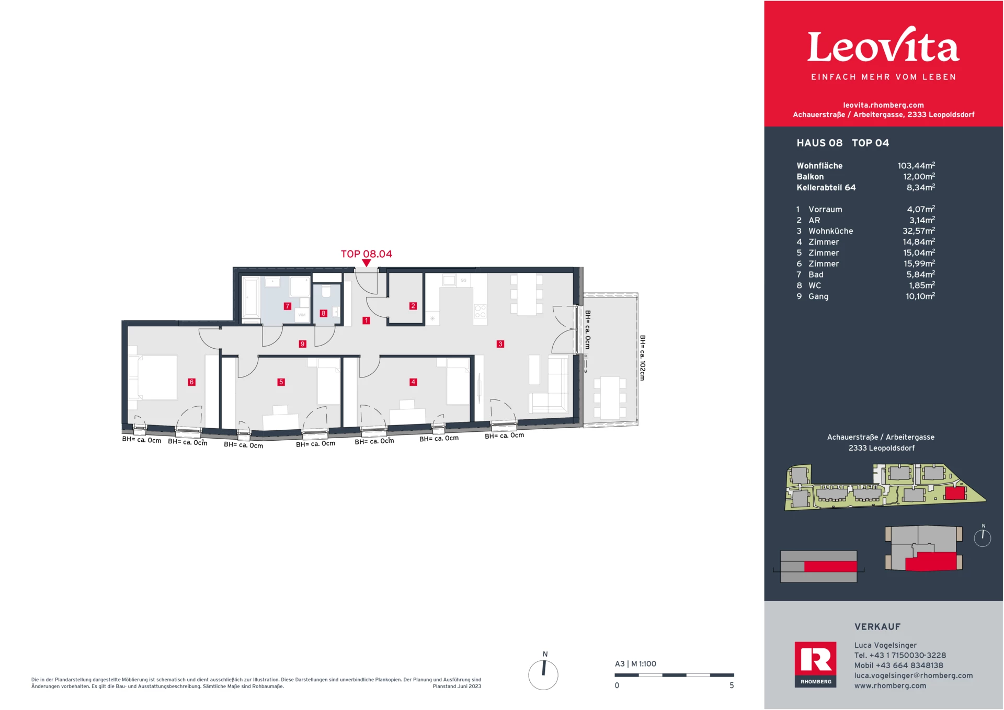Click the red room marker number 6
click(191, 382)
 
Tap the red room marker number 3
click(500, 344)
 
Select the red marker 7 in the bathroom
click(287, 306)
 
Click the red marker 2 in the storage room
click(413, 306)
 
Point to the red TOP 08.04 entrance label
click(366, 254)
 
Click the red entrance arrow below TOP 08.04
click(367, 263)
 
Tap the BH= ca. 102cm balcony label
click(643, 358)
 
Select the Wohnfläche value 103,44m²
click(916, 166)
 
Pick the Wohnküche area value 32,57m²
click(918, 231)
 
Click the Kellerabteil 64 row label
click(826, 188)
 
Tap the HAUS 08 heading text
click(819, 143)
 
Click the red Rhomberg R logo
click(815, 660)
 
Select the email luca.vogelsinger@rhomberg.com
click(914, 675)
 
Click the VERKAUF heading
click(877, 627)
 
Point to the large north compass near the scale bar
click(543, 674)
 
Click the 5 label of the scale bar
click(732, 685)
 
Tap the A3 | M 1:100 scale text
click(635, 664)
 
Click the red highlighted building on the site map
click(955, 493)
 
